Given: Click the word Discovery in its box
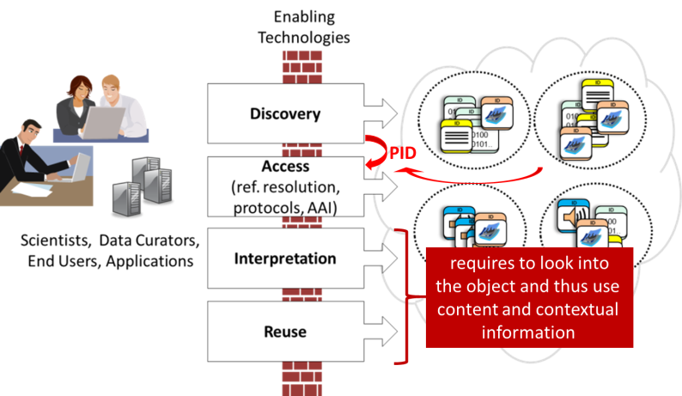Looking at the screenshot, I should point(285,113).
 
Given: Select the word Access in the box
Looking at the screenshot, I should point(285,166).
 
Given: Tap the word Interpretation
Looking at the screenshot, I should point(285,259).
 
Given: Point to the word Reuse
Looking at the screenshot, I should point(285,331).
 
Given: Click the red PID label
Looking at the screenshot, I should point(403,154).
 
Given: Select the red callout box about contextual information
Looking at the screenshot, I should point(529,297).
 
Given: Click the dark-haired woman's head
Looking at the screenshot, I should point(82,87).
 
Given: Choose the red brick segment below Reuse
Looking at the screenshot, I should point(301,374).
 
